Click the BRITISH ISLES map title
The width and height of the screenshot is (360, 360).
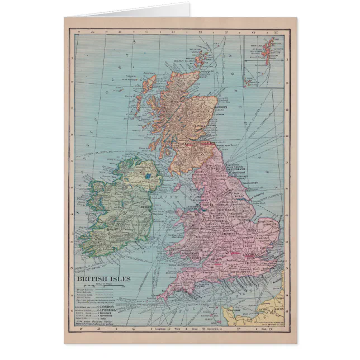pyautogui.click(x=104, y=278)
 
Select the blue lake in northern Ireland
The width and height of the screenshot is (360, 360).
pyautogui.click(x=148, y=176)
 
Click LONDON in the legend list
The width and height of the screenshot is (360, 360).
pyautogui.click(x=108, y=307)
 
